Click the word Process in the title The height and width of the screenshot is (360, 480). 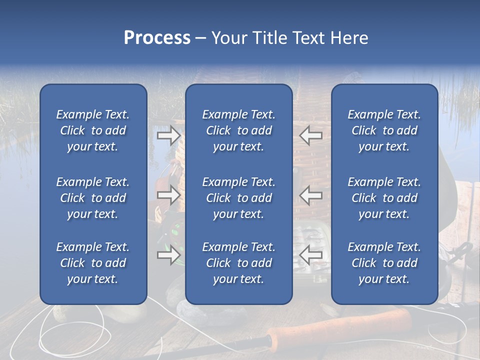pyautogui.click(x=157, y=38)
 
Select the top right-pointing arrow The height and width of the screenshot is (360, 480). pyautogui.click(x=168, y=135)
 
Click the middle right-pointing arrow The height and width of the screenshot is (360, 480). pyautogui.click(x=168, y=195)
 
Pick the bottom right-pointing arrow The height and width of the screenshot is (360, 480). pyautogui.click(x=168, y=255)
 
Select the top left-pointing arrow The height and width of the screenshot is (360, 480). pyautogui.click(x=311, y=135)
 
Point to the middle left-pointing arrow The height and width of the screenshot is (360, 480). pyautogui.click(x=311, y=195)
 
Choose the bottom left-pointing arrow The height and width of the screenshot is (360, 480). pyautogui.click(x=311, y=255)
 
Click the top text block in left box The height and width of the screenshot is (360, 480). pyautogui.click(x=93, y=130)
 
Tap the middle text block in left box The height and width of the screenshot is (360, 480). pyautogui.click(x=93, y=198)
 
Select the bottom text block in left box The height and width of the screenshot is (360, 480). pyautogui.click(x=93, y=263)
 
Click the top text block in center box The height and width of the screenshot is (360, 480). pyautogui.click(x=238, y=130)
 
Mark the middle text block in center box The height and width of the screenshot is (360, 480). pyautogui.click(x=238, y=198)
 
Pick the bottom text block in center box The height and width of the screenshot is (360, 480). pyautogui.click(x=238, y=263)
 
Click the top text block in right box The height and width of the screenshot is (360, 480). pyautogui.click(x=384, y=130)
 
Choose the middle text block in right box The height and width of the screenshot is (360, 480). pyautogui.click(x=384, y=198)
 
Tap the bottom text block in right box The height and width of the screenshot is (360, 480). pyautogui.click(x=384, y=263)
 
